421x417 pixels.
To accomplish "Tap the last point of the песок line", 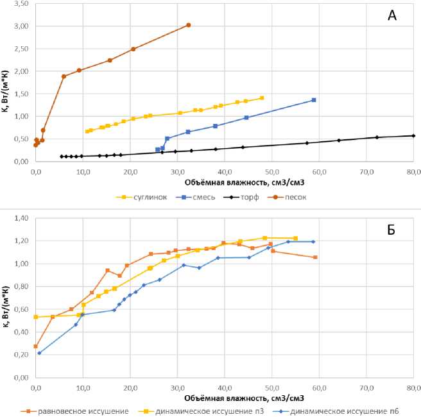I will click(188, 25).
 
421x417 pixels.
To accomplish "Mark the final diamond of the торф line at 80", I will click(413, 135).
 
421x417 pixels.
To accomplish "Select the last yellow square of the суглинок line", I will click(262, 98).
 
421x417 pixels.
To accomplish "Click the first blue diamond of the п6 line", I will click(39, 353).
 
